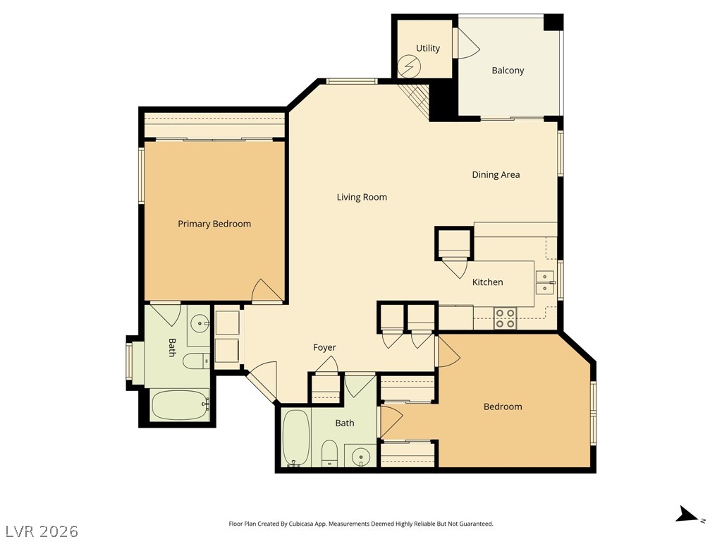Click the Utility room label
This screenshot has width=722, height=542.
click(428, 48)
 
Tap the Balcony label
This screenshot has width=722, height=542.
click(508, 71)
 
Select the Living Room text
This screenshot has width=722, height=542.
click(362, 198)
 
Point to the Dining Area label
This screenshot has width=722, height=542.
click(496, 175)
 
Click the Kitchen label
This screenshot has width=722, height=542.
click(488, 282)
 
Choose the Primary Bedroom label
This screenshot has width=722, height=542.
click(214, 224)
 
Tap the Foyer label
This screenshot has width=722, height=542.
click(324, 347)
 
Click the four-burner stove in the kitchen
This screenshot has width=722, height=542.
click(505, 318)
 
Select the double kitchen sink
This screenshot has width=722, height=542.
click(546, 282)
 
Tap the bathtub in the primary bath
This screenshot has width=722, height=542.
click(180, 405)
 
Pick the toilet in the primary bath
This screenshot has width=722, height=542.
click(196, 361)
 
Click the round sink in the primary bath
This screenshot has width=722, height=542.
click(200, 324)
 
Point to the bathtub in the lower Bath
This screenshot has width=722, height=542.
click(295, 438)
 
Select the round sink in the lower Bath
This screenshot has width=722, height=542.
click(361, 457)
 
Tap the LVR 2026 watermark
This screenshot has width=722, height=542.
click(39, 531)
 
